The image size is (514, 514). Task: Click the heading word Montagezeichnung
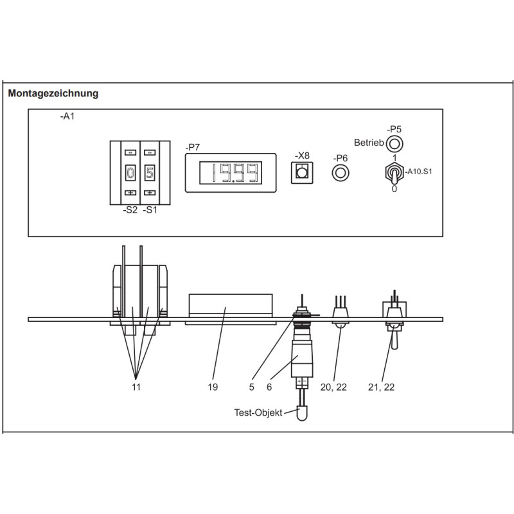tap(53, 93)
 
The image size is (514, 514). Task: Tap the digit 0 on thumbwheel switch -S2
tap(130, 173)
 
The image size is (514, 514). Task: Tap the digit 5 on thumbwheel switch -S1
tap(149, 173)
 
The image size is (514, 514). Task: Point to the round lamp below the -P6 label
tap(340, 172)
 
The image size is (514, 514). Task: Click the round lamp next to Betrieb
tap(394, 143)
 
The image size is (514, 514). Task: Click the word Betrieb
tap(369, 143)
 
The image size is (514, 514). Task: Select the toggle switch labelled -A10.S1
tap(394, 172)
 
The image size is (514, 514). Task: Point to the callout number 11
tap(136, 387)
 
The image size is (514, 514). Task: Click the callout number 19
tap(213, 387)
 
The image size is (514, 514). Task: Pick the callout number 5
tap(253, 387)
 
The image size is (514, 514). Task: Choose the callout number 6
tap(270, 387)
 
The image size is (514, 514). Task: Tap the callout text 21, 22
tap(381, 387)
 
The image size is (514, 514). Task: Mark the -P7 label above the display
tap(192, 147)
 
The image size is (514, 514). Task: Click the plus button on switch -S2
tap(130, 193)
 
